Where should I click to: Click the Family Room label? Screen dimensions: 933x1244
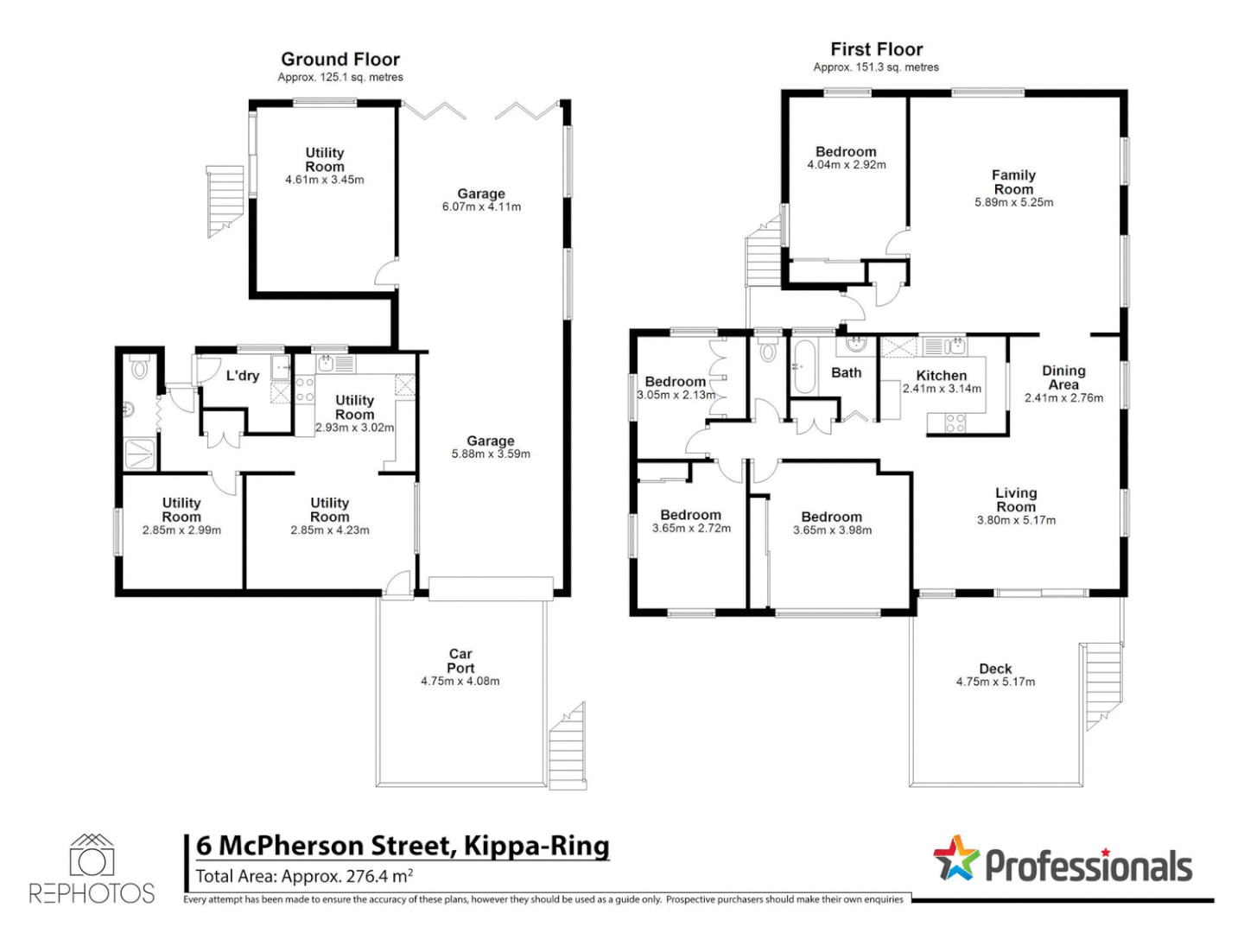(1013, 182)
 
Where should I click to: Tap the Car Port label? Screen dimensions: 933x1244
(460, 661)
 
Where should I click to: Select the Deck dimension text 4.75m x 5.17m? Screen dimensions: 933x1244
(995, 682)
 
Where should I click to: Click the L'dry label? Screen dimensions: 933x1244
(243, 376)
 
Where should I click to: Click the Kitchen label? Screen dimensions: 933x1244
(942, 376)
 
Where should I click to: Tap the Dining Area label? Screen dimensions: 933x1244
(1063, 378)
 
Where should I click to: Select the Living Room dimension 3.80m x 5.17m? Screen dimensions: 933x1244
(1016, 521)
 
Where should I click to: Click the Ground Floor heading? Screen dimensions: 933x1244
(340, 60)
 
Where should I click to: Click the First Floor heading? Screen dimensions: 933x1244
(877, 50)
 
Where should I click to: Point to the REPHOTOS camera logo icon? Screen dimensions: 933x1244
(92, 856)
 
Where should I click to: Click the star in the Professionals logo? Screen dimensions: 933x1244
(956, 858)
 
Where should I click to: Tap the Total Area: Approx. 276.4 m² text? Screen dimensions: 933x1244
(304, 877)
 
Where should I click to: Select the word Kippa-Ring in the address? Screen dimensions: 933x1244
(536, 845)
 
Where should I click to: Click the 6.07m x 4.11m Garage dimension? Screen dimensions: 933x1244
(481, 207)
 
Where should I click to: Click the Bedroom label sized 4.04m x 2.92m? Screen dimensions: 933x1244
(846, 152)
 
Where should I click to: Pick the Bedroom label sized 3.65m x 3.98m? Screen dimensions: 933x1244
(831, 517)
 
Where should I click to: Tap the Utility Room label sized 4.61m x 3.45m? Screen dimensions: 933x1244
(325, 160)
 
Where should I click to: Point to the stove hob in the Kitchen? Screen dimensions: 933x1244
(955, 423)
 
